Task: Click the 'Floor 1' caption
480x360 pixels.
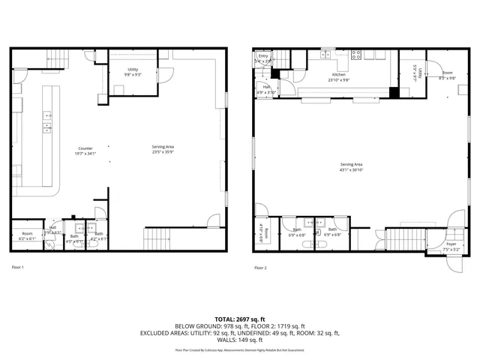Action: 18,267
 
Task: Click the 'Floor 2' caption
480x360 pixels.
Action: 260,268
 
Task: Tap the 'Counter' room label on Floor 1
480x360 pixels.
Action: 85,148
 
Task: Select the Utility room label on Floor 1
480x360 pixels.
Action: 132,70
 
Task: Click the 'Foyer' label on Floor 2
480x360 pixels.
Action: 451,244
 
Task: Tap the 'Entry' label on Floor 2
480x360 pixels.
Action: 263,56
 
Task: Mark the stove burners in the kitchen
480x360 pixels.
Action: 357,54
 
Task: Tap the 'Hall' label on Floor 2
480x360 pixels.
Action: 266,87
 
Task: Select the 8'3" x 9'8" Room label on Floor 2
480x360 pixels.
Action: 447,74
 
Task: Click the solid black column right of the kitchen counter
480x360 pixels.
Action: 394,93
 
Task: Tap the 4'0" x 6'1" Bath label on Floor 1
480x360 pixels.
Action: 73,239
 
